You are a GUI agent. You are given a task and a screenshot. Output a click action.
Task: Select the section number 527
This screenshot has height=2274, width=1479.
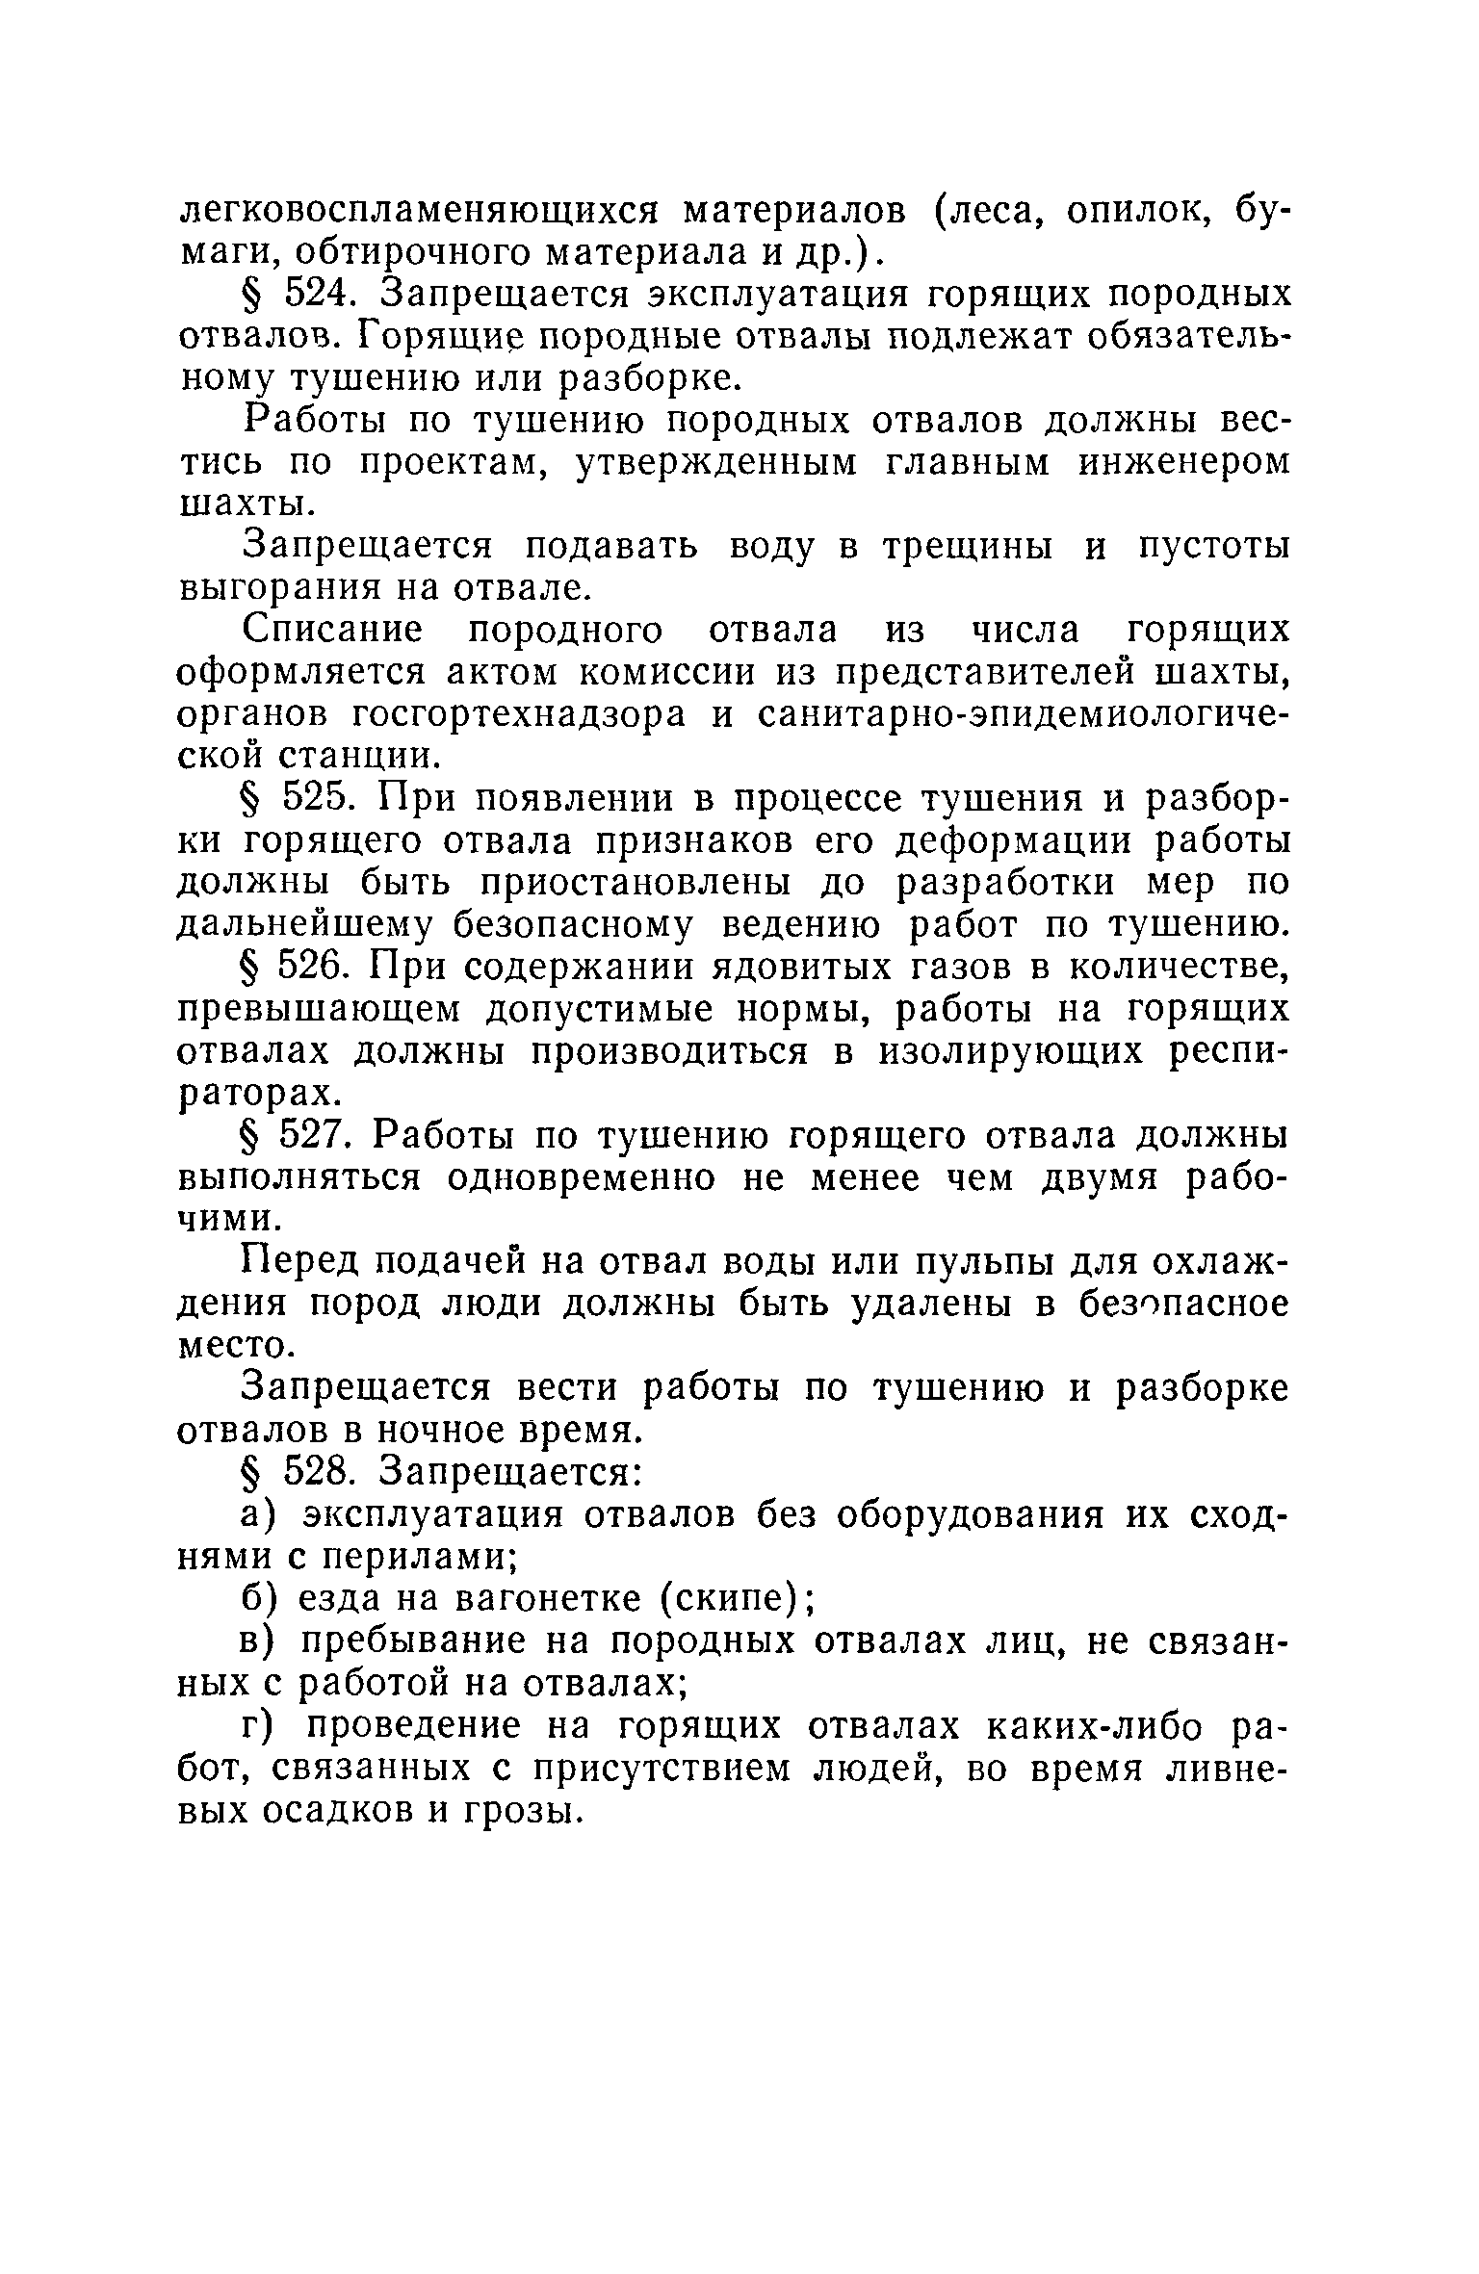click(x=314, y=1137)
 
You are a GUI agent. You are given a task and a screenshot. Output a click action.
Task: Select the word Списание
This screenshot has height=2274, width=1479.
click(x=332, y=631)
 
